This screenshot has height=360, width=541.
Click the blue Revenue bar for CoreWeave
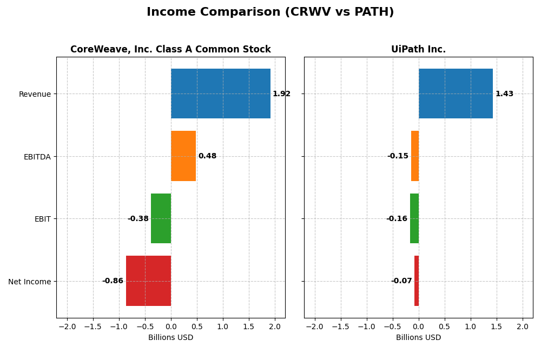[220, 94]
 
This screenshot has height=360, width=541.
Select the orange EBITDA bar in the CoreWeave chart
[183, 156]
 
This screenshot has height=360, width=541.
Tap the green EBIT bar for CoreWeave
[161, 218]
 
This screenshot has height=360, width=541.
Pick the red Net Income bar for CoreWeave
[148, 281]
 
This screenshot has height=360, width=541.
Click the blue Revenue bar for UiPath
[456, 94]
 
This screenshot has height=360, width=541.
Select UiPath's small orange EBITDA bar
[415, 156]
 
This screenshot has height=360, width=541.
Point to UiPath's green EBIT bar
[414, 218]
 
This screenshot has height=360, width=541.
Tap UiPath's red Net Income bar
[417, 281]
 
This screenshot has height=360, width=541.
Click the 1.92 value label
[281, 94]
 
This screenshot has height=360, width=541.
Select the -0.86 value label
[113, 281]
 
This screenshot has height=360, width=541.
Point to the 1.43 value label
[504, 94]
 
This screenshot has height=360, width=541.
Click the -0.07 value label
[401, 281]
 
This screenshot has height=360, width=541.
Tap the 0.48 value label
[207, 156]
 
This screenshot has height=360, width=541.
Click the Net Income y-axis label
[29, 282]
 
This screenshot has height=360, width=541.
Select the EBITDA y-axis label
[37, 157]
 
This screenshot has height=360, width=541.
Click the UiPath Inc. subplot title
[418, 50]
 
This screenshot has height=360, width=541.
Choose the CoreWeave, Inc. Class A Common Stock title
[170, 50]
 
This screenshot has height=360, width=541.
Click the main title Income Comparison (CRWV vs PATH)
[270, 12]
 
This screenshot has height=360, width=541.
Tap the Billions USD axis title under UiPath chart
[418, 338]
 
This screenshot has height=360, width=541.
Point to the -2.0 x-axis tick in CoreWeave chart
[67, 326]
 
